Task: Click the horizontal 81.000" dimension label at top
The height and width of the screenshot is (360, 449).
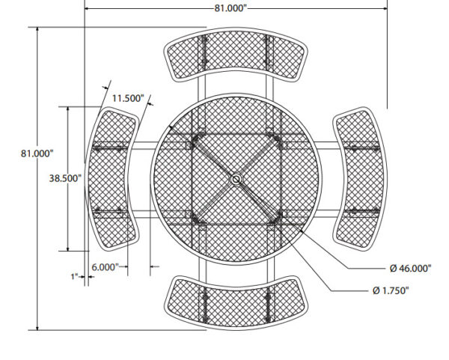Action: pyautogui.click(x=230, y=8)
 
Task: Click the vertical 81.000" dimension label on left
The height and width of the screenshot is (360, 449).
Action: pyautogui.click(x=37, y=153)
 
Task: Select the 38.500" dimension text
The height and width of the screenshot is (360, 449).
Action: pyautogui.click(x=65, y=178)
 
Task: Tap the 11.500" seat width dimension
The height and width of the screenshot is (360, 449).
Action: pyautogui.click(x=128, y=98)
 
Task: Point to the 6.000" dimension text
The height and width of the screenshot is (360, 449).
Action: pyautogui.click(x=105, y=267)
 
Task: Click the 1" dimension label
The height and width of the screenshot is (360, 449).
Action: pyautogui.click(x=74, y=277)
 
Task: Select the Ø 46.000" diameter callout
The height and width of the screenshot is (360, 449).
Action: pyautogui.click(x=410, y=269)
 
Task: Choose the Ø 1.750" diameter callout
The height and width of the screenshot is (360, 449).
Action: pyautogui.click(x=391, y=290)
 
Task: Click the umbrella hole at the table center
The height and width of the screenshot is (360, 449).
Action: pyautogui.click(x=236, y=180)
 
